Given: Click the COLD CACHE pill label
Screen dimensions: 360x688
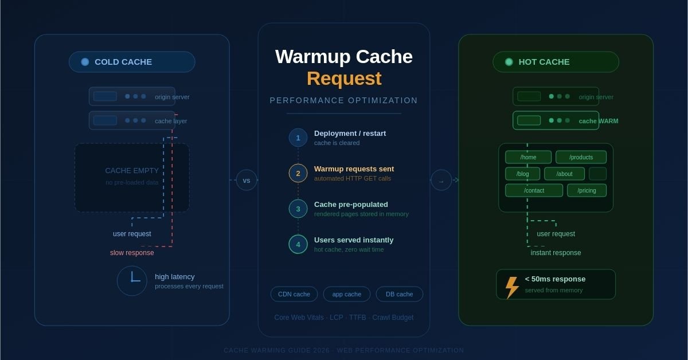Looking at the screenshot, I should pos(131,62).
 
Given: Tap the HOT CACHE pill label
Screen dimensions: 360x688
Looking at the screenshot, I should pos(555,62).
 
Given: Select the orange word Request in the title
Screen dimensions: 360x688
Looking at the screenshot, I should pos(343,79).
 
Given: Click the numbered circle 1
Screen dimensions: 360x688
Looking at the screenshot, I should pos(298,138).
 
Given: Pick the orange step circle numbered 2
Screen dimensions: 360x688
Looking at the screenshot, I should pos(298,173).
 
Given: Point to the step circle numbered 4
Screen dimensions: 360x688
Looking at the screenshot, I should pos(298,244).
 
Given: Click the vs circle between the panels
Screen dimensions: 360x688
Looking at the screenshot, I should pos(247,180).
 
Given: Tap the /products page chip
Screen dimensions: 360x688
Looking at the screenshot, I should pos(581,157).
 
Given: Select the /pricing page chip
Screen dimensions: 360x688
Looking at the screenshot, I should pos(586,190).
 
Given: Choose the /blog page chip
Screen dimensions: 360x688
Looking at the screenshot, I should pos(522,174).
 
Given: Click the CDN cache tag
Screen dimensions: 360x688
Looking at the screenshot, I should pos(294,294).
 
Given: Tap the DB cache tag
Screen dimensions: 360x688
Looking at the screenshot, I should pos(399,294).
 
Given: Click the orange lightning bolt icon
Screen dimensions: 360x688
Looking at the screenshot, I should pos(511,287).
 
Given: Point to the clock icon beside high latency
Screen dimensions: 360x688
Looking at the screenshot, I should pos(132,281).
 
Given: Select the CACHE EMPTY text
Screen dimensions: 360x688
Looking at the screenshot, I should pos(132,170).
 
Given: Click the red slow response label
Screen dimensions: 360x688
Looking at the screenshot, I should pos(132,253).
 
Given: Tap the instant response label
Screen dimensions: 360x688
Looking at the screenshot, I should pos(556,253).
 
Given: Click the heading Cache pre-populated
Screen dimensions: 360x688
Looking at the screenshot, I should pos(351,204).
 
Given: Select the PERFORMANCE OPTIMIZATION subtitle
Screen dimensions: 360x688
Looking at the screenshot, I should pos(343,100).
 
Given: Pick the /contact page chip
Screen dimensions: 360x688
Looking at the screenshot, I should pos(534,190).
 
